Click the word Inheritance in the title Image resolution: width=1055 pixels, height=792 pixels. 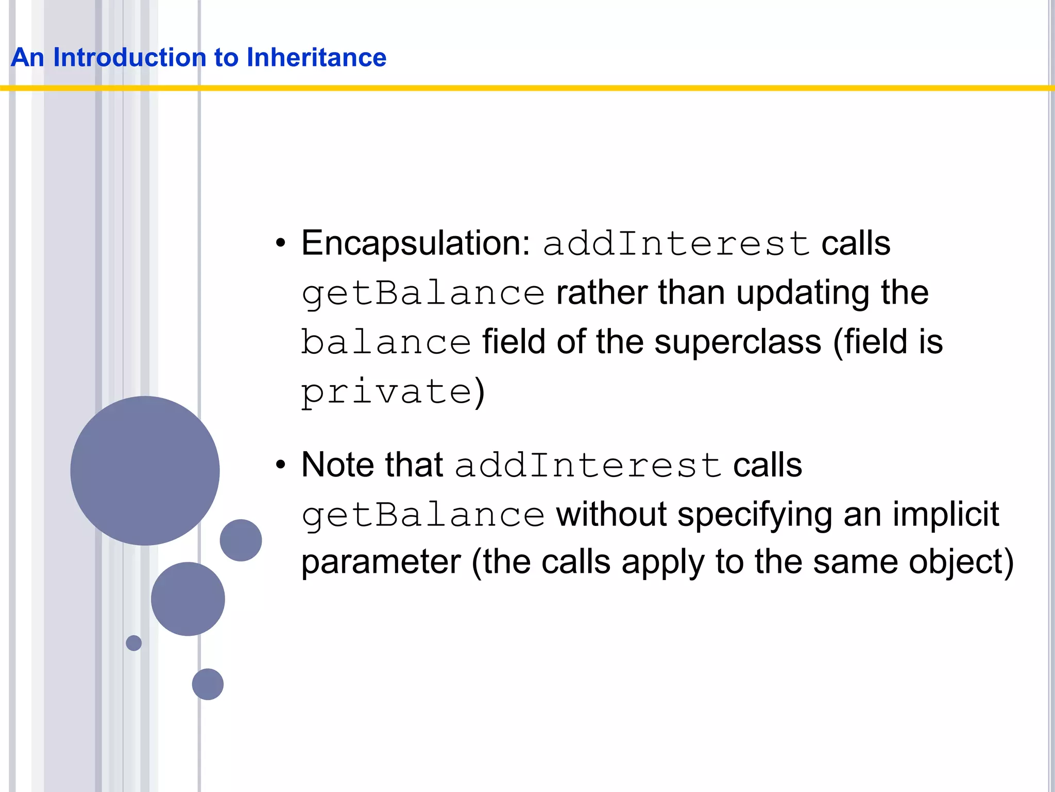point(316,57)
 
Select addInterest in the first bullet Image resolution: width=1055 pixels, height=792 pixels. point(676,243)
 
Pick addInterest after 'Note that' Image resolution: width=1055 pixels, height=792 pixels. point(587,465)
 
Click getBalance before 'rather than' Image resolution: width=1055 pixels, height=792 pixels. point(423,293)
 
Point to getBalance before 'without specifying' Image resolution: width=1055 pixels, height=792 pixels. point(423,515)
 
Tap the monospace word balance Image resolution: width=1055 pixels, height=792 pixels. point(386,342)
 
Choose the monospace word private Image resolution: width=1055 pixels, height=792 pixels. point(386,392)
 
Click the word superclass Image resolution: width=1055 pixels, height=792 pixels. point(738,342)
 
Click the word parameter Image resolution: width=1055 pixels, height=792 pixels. point(381,562)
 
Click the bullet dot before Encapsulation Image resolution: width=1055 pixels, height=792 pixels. point(280,243)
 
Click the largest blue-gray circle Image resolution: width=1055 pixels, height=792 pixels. point(145,470)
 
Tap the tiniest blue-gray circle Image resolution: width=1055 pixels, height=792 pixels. point(134,643)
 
